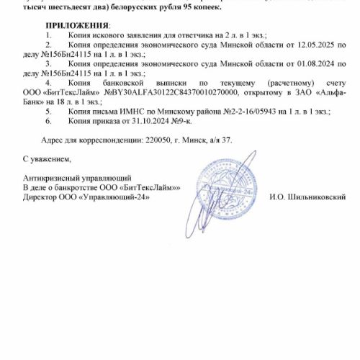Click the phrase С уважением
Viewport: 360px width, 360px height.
pyautogui.click(x=48, y=157)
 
